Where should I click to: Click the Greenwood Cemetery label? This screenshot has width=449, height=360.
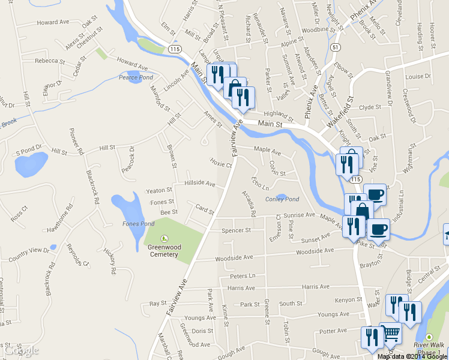[163, 250]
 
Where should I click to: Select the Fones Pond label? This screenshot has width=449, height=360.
[139, 224]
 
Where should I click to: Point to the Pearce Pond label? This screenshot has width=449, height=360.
[136, 77]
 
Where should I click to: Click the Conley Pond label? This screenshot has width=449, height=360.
[282, 199]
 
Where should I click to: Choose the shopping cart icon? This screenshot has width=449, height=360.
[391, 332]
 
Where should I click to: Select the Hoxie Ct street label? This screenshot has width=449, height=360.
[220, 162]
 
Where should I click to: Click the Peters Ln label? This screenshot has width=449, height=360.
[243, 276]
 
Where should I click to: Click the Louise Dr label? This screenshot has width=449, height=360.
[418, 77]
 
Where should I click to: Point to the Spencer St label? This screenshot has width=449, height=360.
[236, 230]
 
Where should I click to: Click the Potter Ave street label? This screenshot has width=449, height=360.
[334, 331]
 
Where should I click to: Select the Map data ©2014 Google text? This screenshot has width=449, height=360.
[413, 356]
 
